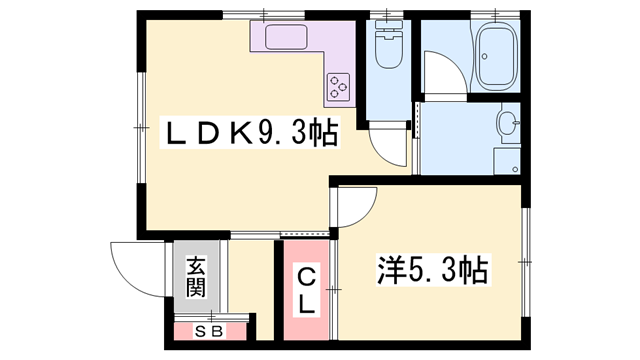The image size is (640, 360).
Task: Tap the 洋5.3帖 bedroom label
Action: click(432, 269)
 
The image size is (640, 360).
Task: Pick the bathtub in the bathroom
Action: click(494, 56)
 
